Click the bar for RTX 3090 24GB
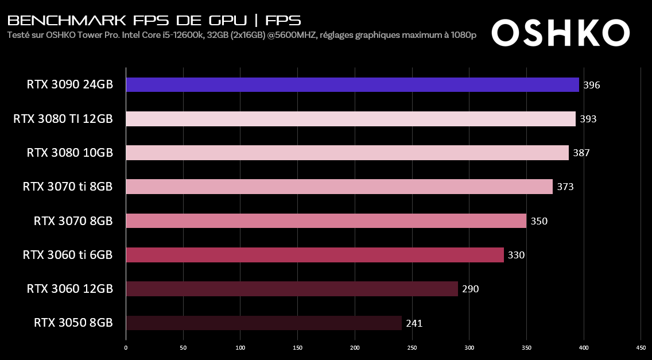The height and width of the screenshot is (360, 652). click(x=352, y=85)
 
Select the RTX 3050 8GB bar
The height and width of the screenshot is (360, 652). click(x=263, y=323)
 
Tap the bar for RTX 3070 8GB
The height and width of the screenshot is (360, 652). click(x=325, y=221)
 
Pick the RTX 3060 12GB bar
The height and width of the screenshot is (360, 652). click(x=292, y=289)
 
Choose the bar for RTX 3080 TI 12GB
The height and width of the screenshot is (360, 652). click(x=350, y=119)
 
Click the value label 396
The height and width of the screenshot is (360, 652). click(x=591, y=86)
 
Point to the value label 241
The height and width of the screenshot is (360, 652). click(x=414, y=323)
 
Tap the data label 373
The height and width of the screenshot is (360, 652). click(x=565, y=187)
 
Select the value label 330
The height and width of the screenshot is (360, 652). click(x=516, y=255)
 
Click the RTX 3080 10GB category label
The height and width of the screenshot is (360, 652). click(x=69, y=153)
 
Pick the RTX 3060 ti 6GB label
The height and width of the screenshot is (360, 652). click(x=67, y=254)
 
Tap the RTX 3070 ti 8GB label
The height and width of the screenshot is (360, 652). click(x=67, y=187)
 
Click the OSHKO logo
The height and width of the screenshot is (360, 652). click(x=560, y=33)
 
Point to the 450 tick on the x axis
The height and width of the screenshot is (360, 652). click(x=641, y=347)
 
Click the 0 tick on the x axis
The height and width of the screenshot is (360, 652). click(x=126, y=347)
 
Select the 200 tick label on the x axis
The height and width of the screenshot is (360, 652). click(x=355, y=347)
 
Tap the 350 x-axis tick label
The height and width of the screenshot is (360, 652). click(x=527, y=347)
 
